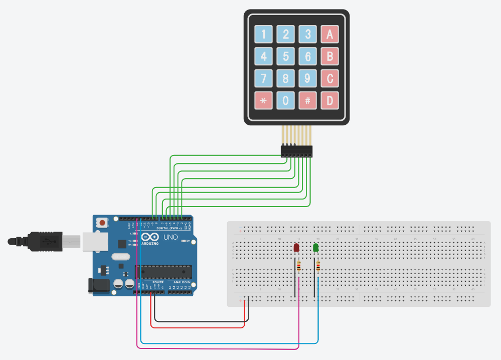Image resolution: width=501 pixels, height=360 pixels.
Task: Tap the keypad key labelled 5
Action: [x=286, y=56]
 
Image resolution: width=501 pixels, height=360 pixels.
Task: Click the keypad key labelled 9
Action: [x=308, y=78]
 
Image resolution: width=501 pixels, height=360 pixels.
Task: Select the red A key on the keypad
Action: [x=330, y=34]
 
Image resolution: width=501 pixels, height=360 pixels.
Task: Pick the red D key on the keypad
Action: [x=330, y=100]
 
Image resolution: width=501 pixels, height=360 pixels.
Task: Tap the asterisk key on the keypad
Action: [x=264, y=100]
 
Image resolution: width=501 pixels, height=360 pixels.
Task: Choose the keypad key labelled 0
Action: [x=286, y=100]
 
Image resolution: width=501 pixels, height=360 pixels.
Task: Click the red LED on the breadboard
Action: [x=296, y=248]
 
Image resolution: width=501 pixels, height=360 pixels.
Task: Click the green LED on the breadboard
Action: [x=316, y=248]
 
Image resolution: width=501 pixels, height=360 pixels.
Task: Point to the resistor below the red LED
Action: [x=299, y=267]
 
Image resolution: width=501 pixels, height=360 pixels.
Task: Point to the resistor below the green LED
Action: [x=318, y=268]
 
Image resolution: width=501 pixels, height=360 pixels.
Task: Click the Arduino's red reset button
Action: [x=103, y=222]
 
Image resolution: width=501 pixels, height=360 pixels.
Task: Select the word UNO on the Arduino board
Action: [x=172, y=237]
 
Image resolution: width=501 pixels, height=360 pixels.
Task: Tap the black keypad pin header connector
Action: [x=296, y=150]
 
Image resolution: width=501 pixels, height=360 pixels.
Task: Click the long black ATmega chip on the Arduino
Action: [x=164, y=272]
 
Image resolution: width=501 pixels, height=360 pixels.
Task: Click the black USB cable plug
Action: [x=48, y=241]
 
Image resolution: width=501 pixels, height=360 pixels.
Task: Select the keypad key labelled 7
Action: [x=264, y=78]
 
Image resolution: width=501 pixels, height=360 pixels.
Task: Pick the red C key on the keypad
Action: [x=330, y=78]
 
